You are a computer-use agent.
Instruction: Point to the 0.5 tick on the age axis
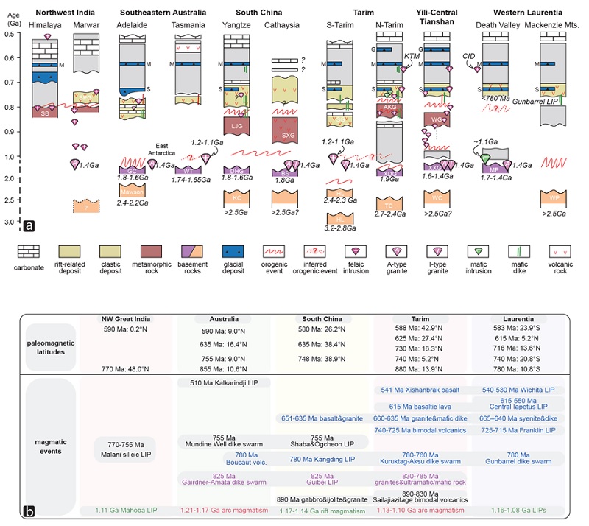11,35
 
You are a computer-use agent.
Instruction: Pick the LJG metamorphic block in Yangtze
237,126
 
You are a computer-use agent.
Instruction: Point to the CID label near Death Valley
468,56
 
